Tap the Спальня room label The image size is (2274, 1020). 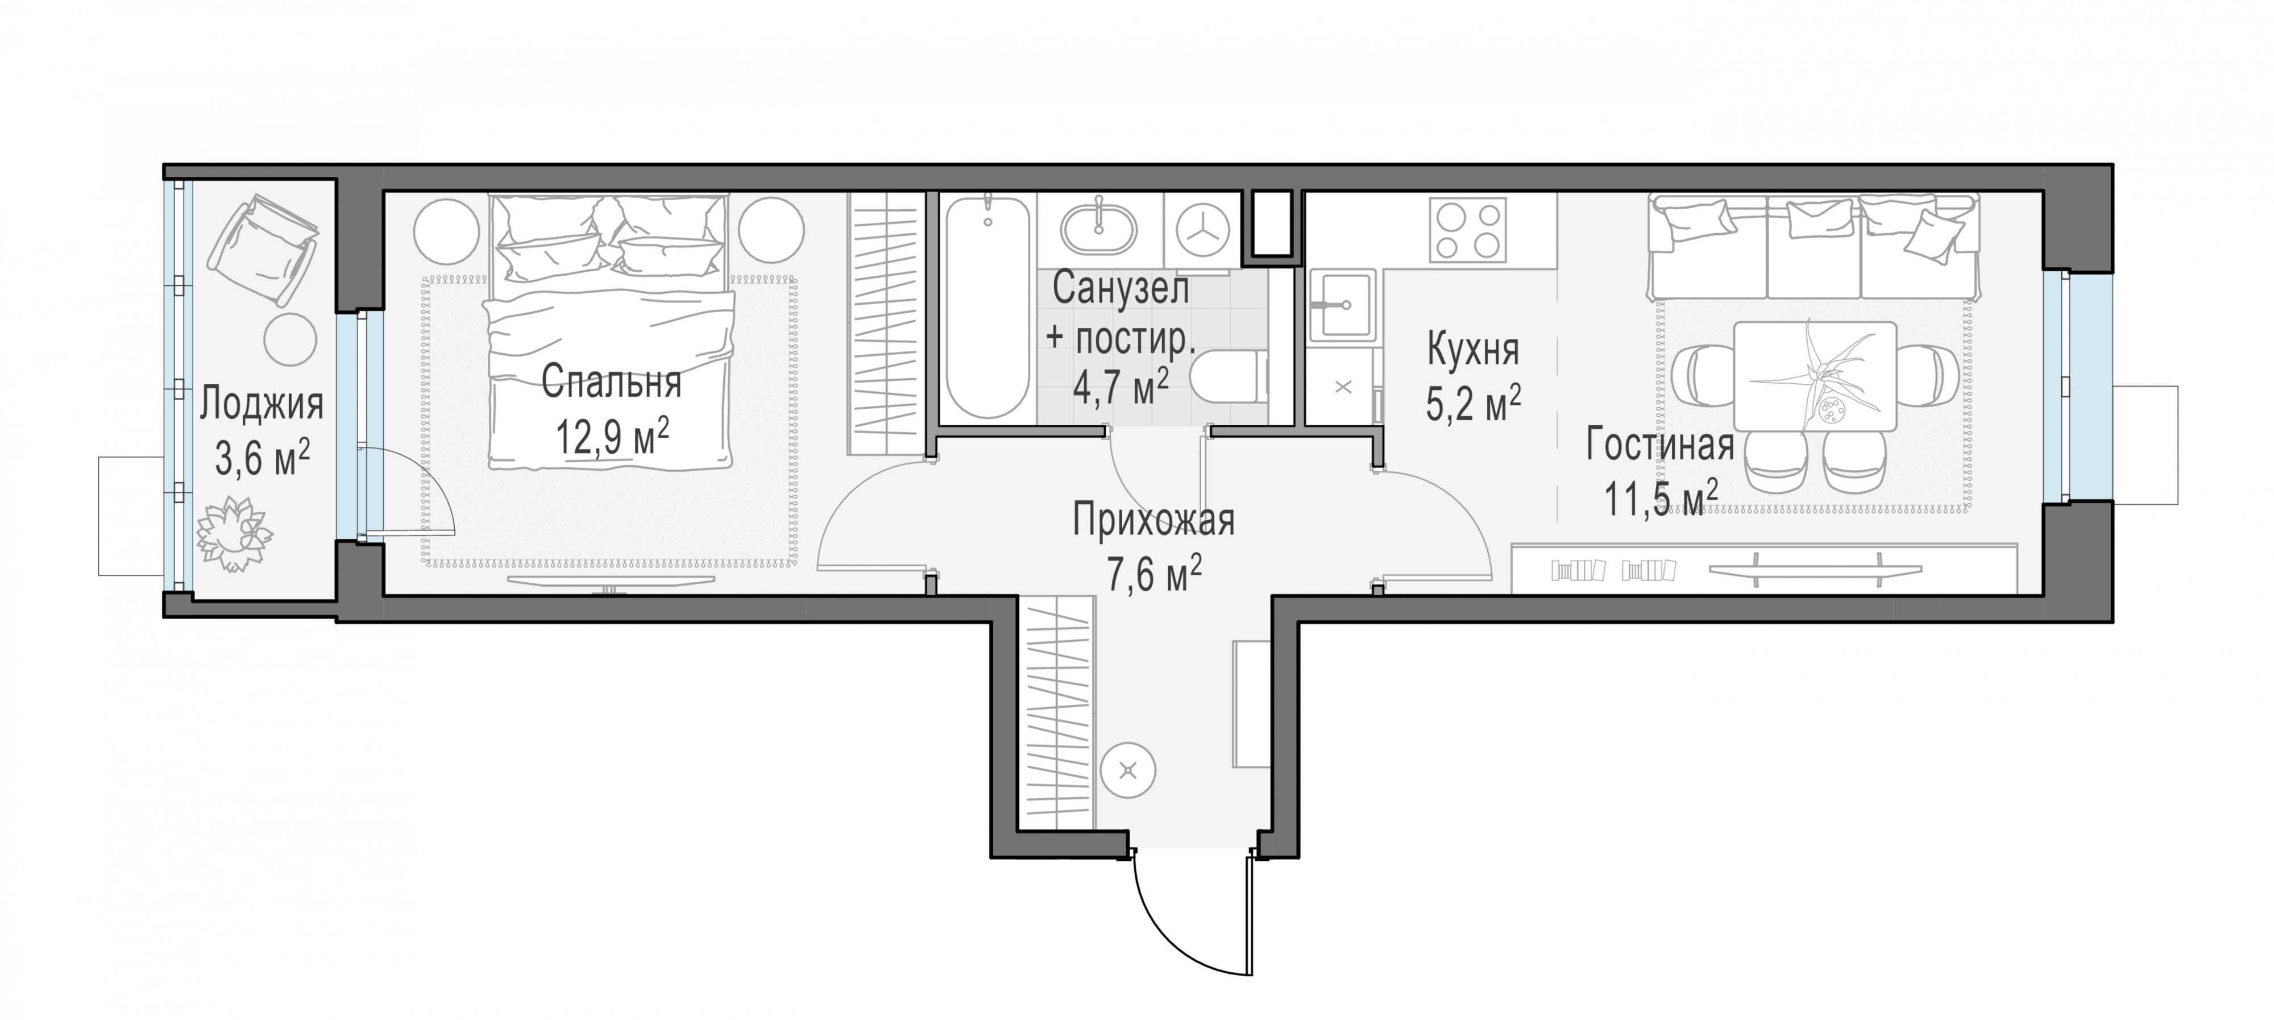[611, 383]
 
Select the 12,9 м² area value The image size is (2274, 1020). [612, 436]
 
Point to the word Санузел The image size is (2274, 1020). [1121, 289]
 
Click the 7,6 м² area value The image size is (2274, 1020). [1154, 574]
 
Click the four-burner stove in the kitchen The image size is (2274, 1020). [1467, 230]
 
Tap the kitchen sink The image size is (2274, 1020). [1342, 305]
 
